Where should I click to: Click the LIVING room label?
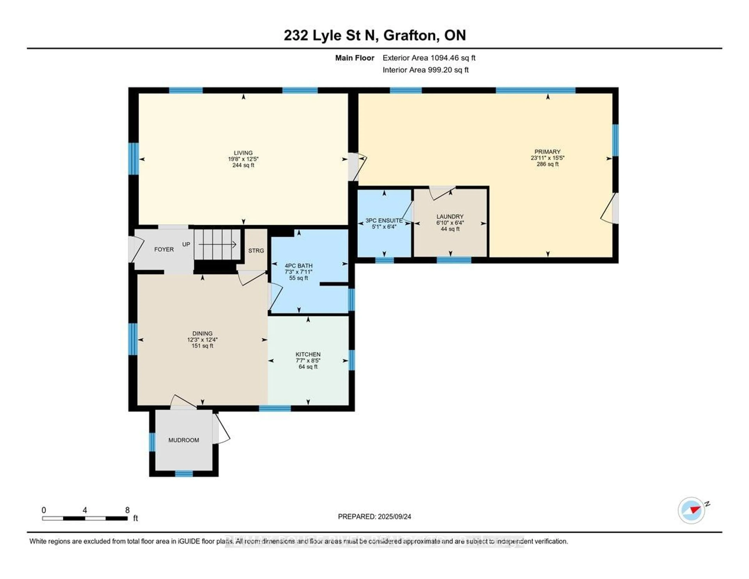(x=243, y=153)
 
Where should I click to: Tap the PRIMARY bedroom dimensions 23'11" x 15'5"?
(x=547, y=158)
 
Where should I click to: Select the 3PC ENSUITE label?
(x=384, y=220)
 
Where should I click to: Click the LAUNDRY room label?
(x=450, y=216)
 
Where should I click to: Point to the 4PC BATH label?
(x=298, y=266)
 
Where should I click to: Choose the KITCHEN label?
(x=308, y=354)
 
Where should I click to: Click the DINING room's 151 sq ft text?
(x=202, y=346)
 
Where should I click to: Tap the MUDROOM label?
(x=184, y=440)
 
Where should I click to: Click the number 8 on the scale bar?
(x=127, y=510)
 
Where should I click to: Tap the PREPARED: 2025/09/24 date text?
(x=374, y=517)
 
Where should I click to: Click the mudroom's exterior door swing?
(x=222, y=429)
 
